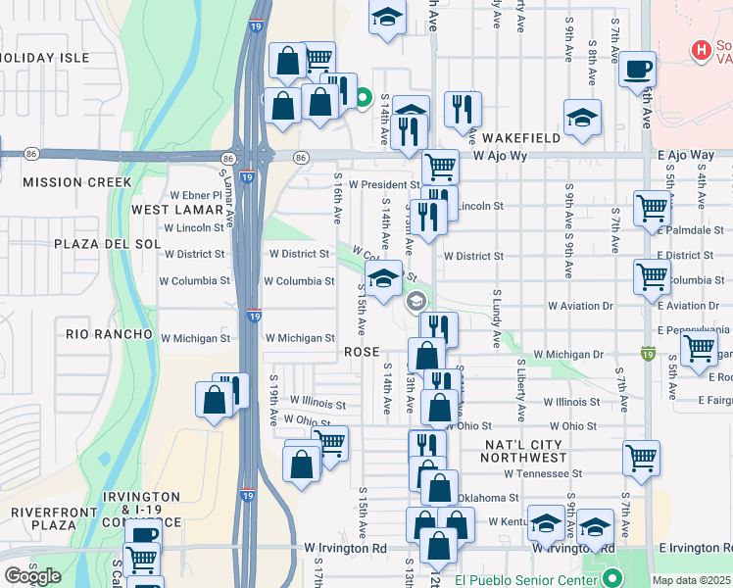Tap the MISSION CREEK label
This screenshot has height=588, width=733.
click(x=76, y=182)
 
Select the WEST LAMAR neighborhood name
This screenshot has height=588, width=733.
click(x=177, y=210)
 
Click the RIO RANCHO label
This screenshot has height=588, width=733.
click(x=109, y=334)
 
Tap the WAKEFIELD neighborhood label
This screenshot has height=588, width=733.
click(x=521, y=138)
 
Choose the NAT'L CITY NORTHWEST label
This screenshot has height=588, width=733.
click(x=525, y=451)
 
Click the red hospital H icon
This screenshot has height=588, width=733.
click(x=701, y=49)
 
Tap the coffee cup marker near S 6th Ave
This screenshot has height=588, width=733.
click(x=637, y=69)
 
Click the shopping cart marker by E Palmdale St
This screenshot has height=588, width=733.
click(x=652, y=208)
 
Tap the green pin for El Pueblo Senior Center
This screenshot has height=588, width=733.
click(x=612, y=577)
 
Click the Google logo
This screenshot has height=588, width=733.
click(x=32, y=576)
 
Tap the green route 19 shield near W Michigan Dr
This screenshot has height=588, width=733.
click(x=647, y=352)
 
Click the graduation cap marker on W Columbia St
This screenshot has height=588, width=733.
click(x=384, y=277)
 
